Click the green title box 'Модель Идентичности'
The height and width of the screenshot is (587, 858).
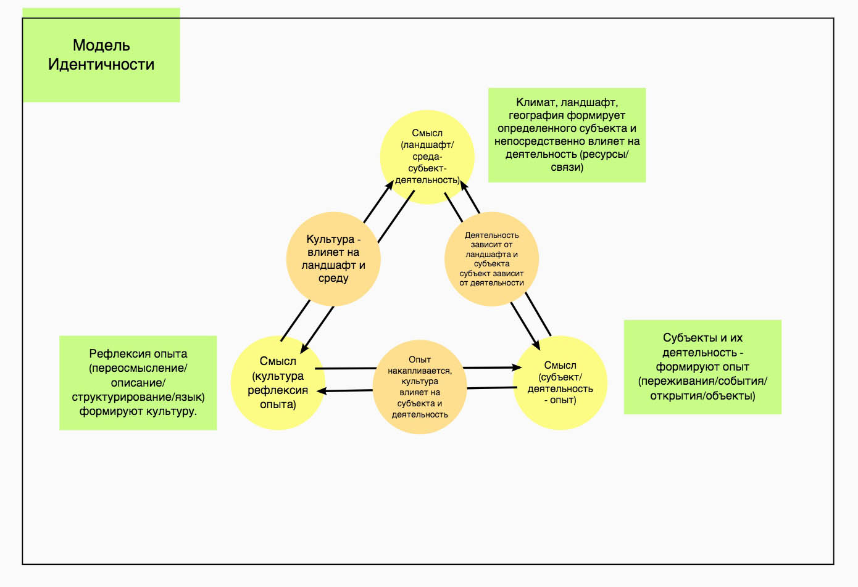click(101, 55)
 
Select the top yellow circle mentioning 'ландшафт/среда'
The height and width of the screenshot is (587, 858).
click(427, 157)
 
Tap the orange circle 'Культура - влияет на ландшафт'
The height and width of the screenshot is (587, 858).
click(333, 259)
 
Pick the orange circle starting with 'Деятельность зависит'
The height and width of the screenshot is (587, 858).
click(492, 259)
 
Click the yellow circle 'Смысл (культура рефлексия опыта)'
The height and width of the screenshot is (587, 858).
click(278, 383)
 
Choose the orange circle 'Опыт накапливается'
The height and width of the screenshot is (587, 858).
click(420, 387)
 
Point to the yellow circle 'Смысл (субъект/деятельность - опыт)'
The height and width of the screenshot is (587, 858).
click(560, 383)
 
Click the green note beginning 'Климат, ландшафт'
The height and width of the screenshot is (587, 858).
click(567, 135)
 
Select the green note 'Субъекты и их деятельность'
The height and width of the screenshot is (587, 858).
click(702, 367)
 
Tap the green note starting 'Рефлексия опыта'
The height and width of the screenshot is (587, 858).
click(138, 383)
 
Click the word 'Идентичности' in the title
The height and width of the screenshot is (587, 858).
click(101, 65)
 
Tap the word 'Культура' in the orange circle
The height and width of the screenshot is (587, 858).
click(330, 239)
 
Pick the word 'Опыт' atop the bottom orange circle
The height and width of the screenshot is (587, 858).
click(420, 359)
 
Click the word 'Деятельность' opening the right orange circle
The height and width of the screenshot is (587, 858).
click(492, 236)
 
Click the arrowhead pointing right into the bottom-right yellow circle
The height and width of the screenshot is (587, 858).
click(517, 367)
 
